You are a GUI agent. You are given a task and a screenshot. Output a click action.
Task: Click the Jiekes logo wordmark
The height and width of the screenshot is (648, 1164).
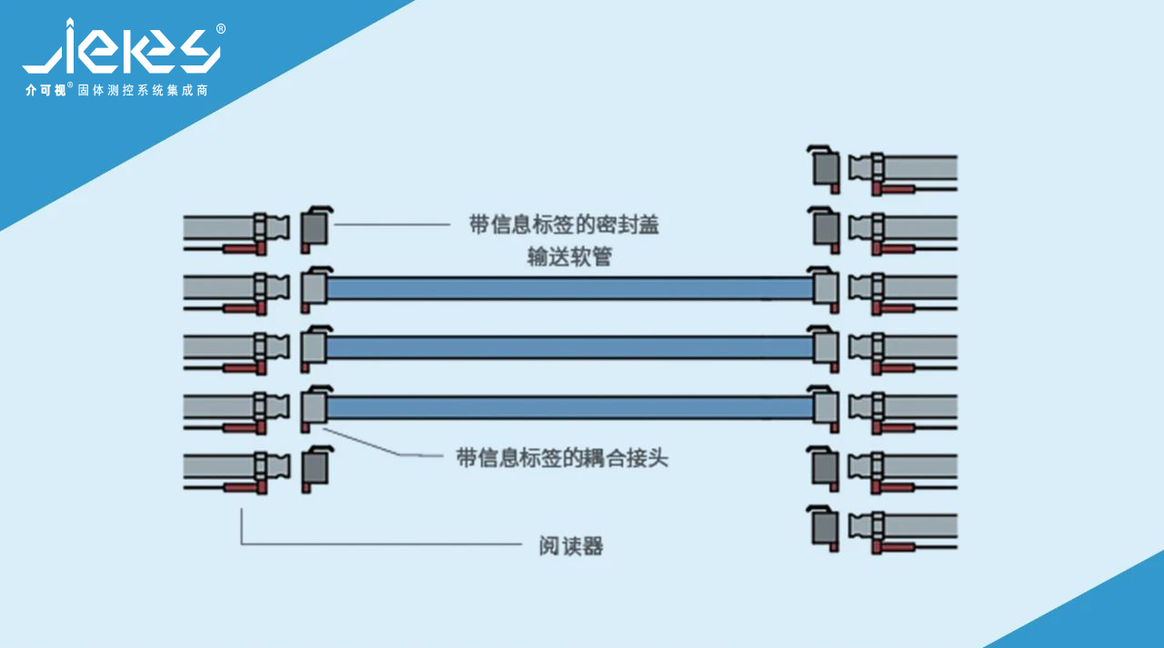tap(121, 48)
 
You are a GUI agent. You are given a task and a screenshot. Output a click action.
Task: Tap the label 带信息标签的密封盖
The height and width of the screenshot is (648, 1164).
tap(564, 225)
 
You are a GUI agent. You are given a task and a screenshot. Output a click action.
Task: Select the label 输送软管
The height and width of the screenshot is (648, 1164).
tap(569, 257)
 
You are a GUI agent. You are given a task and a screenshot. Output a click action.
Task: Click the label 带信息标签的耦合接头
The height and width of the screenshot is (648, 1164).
tap(562, 458)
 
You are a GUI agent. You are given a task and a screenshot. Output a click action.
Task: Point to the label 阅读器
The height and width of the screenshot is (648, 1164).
tap(571, 546)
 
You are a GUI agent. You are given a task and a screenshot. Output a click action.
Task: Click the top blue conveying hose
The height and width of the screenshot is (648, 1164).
tap(568, 289)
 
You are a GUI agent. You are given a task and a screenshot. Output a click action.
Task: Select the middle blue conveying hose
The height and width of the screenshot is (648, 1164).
tap(568, 347)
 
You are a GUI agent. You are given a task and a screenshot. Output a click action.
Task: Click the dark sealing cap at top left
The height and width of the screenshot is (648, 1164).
tap(315, 229)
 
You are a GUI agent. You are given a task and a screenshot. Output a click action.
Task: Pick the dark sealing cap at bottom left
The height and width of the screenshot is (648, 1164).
tap(315, 469)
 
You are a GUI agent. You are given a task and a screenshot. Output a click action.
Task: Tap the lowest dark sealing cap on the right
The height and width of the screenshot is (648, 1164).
tap(825, 526)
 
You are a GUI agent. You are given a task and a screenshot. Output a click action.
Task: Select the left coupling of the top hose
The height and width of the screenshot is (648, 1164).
tap(313, 288)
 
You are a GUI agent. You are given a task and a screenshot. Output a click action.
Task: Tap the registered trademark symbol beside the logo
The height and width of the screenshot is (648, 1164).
tap(221, 29)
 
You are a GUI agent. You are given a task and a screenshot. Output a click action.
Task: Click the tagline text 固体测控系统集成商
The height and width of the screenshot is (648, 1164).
tap(144, 91)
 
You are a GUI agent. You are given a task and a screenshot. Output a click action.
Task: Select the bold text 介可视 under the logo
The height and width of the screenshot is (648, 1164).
tap(45, 91)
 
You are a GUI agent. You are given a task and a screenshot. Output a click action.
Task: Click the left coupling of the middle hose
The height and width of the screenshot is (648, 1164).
tap(313, 347)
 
